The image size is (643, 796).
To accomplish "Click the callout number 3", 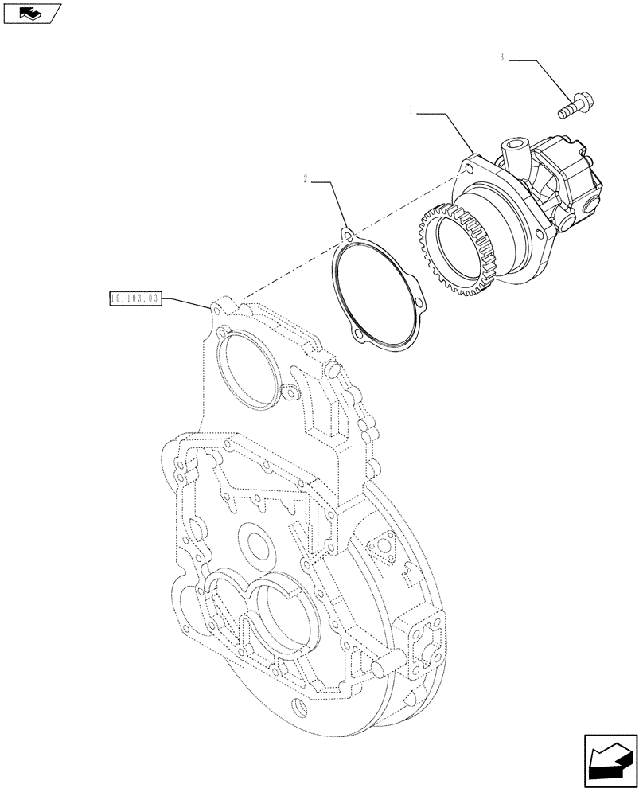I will pos(502,57).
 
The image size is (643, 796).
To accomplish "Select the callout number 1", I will pos(411,112).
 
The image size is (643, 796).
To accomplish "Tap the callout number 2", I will pos(306,179).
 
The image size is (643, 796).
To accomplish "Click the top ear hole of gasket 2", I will pos(347,234).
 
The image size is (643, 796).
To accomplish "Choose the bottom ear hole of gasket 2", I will pos(361,336).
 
